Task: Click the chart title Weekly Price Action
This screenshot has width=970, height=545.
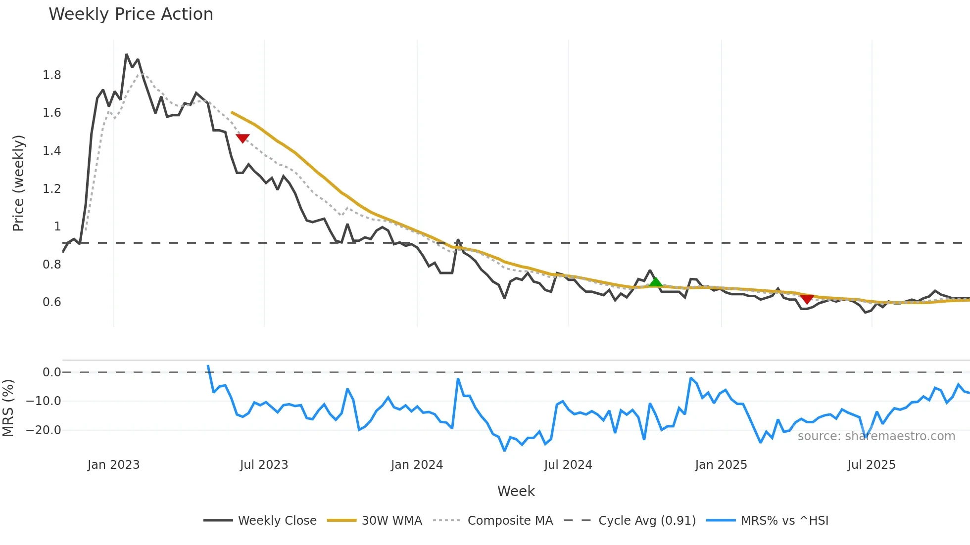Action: click(x=131, y=14)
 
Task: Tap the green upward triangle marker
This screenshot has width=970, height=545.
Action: click(x=656, y=282)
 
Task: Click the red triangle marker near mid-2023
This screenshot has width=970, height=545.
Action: click(x=242, y=138)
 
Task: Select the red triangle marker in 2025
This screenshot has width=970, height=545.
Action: click(x=807, y=299)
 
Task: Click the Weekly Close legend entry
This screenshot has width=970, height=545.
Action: click(x=260, y=520)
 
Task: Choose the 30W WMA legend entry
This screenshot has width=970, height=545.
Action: click(x=375, y=520)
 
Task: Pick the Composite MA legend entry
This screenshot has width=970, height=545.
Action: click(x=493, y=520)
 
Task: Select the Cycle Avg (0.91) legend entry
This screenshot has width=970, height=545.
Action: click(x=630, y=520)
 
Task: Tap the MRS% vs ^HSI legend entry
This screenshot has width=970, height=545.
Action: click(x=768, y=520)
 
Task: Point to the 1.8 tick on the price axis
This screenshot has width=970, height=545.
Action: click(x=52, y=75)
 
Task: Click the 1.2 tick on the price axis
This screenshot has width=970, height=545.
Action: click(x=52, y=189)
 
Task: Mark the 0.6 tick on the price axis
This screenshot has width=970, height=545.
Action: click(x=52, y=302)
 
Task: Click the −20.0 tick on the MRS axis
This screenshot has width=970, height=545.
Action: click(x=44, y=430)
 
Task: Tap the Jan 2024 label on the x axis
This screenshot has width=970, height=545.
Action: click(x=417, y=465)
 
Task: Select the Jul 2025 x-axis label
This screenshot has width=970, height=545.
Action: click(x=872, y=465)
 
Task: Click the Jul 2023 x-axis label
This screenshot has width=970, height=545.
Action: click(x=264, y=465)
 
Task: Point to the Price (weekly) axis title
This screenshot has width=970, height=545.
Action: click(x=18, y=183)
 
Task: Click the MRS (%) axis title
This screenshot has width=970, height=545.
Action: click(x=8, y=408)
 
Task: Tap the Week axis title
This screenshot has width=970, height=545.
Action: click(x=516, y=491)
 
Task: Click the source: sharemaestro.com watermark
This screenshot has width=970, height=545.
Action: click(x=876, y=436)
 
